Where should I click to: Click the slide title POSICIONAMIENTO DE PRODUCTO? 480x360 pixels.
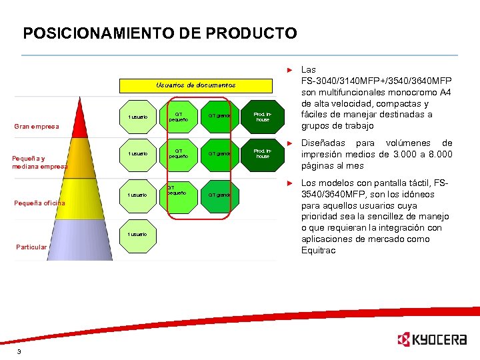click(160, 33)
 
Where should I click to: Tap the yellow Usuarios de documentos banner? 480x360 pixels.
click(195, 85)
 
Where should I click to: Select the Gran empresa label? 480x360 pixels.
click(37, 127)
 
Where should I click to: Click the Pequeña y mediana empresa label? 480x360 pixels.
click(39, 162)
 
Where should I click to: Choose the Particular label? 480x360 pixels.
click(31, 247)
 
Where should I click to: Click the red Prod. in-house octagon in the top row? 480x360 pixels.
click(263, 116)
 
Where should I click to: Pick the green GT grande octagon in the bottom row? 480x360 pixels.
click(219, 195)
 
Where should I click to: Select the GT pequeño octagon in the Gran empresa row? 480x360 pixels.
click(179, 116)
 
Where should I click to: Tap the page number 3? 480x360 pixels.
click(19, 351)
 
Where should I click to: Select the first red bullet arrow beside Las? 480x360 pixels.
click(289, 70)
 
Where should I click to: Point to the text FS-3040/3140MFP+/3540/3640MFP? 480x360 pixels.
click(375, 81)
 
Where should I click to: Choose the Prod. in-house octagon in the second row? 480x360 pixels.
click(263, 154)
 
